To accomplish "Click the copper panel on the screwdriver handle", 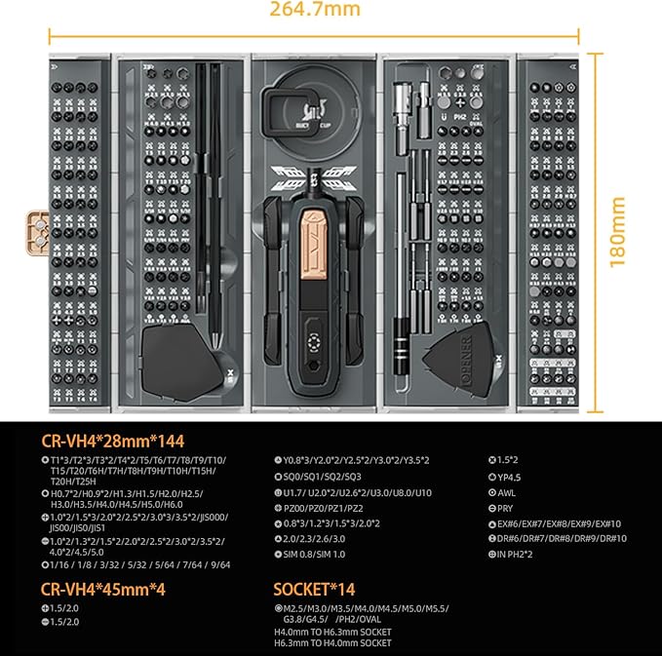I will (313, 238).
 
